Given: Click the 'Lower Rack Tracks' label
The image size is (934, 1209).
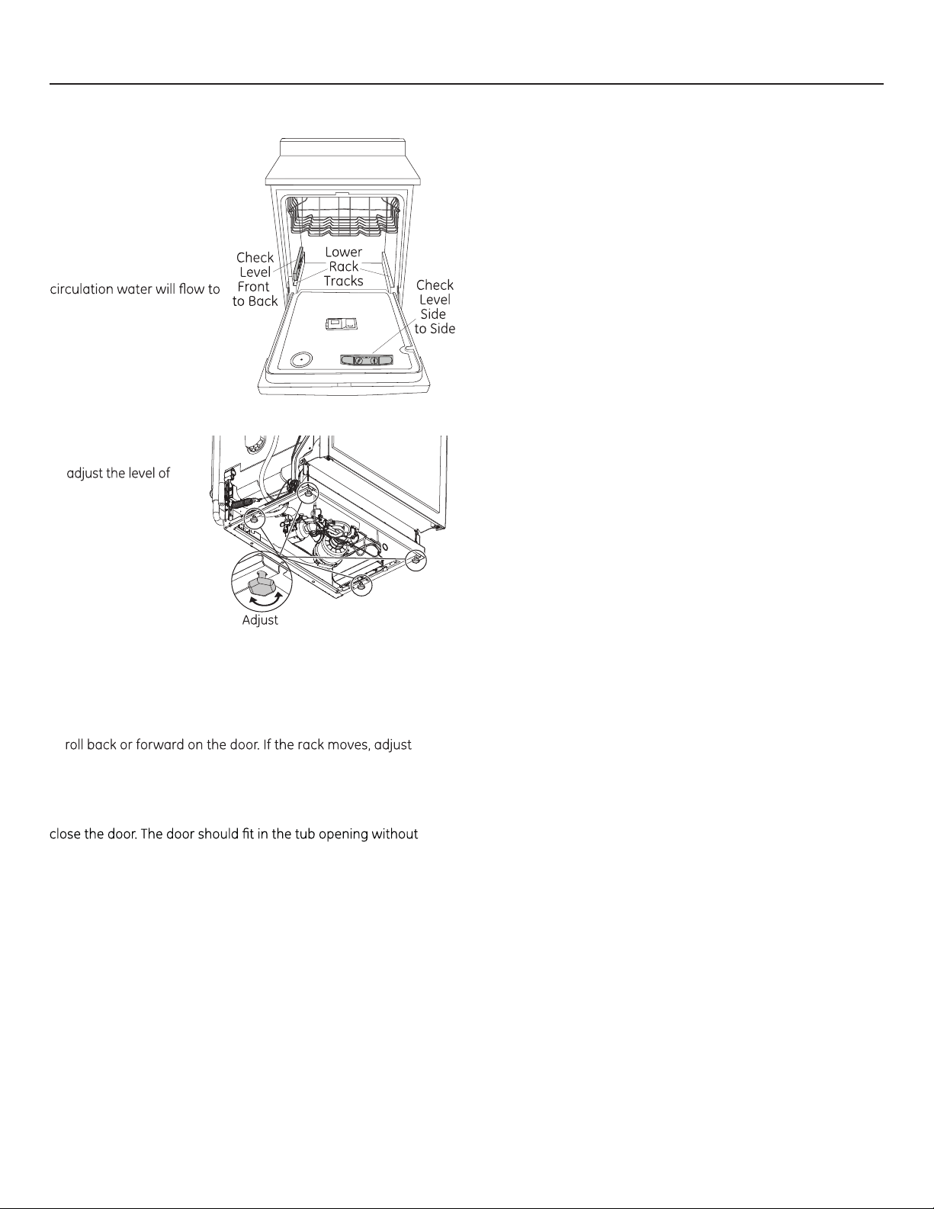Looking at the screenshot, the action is point(344,266).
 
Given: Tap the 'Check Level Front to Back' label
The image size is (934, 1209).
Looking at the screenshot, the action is point(255,279).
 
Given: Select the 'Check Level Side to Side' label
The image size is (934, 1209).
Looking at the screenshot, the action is point(435,307).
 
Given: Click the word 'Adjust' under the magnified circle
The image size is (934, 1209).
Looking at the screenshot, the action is point(260,620).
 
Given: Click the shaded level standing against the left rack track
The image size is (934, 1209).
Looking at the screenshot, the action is point(300,265).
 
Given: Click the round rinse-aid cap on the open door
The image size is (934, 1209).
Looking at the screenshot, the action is point(300,360).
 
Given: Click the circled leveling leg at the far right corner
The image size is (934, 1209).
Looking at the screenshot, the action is point(416,560).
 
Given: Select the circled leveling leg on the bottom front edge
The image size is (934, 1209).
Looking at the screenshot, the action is point(361,586).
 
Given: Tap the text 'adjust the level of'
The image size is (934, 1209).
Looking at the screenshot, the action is point(118,474).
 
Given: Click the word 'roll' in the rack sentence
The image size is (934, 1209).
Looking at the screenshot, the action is point(75,744).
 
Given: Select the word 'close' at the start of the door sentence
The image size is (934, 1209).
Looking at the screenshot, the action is point(65,834).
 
